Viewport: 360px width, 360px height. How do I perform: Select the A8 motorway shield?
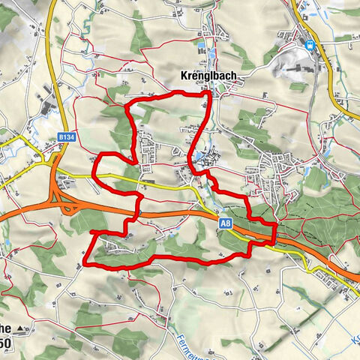coord(225,223)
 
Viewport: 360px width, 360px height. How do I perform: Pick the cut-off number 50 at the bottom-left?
coord(4,343)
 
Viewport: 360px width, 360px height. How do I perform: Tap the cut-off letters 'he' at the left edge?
coord(4,328)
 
